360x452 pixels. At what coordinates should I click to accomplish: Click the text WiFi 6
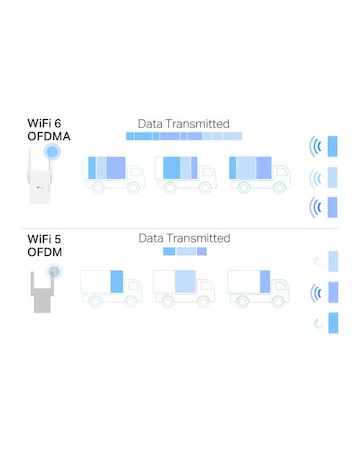click(45, 125)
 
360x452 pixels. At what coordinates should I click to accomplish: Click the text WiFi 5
click(45, 238)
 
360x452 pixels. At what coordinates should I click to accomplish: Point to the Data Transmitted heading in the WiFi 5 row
click(184, 238)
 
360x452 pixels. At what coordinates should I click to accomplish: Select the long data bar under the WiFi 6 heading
click(184, 135)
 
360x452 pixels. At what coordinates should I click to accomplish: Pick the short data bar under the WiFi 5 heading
click(184, 252)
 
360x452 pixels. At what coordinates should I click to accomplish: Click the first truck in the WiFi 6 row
click(112, 172)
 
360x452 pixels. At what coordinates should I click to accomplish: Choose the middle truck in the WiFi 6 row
click(186, 172)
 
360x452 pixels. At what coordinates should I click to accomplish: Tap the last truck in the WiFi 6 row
click(258, 172)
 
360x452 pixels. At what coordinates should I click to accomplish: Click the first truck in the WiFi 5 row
click(110, 287)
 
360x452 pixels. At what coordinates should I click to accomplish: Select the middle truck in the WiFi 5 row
click(184, 287)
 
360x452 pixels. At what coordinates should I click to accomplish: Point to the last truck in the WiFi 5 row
click(257, 287)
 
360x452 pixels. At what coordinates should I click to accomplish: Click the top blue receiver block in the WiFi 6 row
click(332, 147)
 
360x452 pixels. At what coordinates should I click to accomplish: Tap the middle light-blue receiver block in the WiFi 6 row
click(332, 177)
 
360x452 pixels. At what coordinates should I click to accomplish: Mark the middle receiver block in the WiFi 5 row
click(332, 293)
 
